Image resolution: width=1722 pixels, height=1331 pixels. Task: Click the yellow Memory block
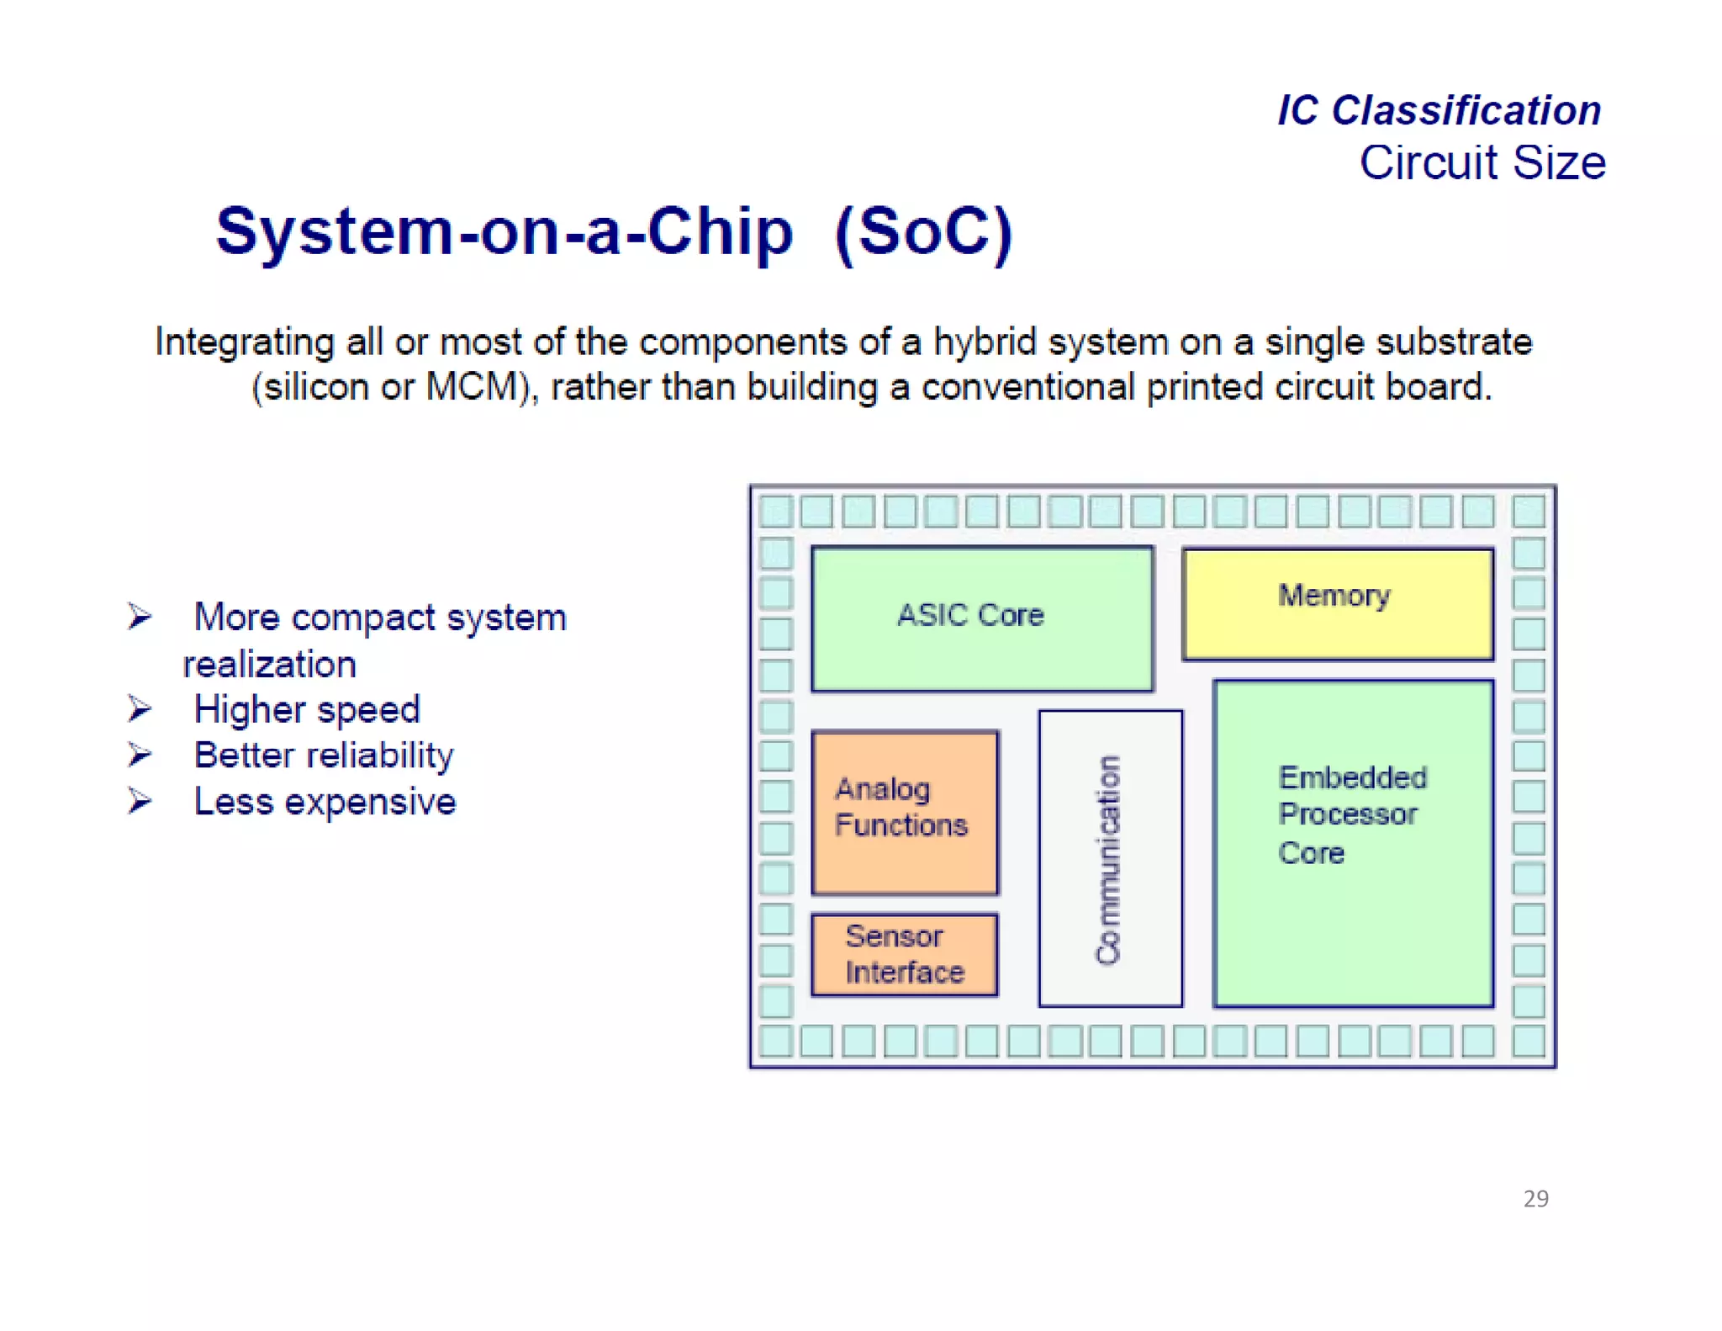(1337, 603)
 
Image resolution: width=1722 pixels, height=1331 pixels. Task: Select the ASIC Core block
(981, 618)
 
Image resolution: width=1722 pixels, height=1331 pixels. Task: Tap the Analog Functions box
(905, 811)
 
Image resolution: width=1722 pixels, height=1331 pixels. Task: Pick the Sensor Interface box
(905, 954)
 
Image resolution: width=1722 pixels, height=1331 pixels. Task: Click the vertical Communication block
(1110, 858)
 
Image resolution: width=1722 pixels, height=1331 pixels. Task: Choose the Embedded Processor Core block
(1353, 843)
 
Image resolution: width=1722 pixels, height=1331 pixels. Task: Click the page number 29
(1535, 1198)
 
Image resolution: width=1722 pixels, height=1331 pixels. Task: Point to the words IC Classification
(1439, 110)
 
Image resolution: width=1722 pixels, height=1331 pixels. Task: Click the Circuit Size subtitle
(1482, 162)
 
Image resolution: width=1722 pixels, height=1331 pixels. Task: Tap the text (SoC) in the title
(924, 232)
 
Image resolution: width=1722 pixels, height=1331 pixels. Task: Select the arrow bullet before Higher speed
(140, 709)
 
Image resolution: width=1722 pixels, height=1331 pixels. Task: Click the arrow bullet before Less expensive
(140, 801)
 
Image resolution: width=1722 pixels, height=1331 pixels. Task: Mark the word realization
(270, 665)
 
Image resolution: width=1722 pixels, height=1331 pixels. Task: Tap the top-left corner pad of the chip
(775, 511)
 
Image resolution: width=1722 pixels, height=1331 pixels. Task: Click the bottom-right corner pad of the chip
(1528, 1041)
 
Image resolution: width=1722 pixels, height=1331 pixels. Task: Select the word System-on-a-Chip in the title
(504, 232)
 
